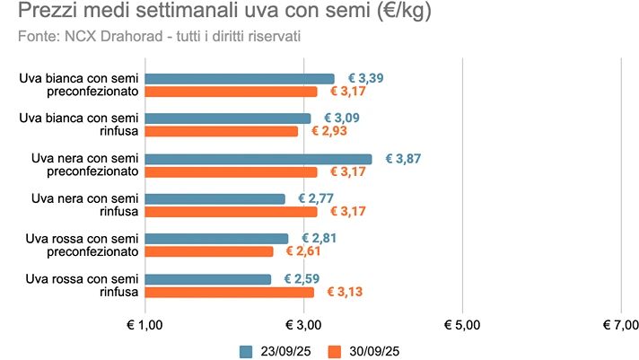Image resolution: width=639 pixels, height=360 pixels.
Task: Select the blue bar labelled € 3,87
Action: pos(258,159)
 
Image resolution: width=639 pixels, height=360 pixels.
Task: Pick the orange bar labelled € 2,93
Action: pos(221,131)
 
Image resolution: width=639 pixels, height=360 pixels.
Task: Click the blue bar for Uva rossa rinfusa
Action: pos(207,279)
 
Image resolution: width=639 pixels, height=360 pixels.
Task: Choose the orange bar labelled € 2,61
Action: pos(208,251)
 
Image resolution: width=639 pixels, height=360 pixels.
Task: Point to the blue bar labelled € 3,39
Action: pos(239,79)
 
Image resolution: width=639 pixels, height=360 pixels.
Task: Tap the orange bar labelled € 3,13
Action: pos(229,292)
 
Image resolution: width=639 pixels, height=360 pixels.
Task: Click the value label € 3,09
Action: pos(341,119)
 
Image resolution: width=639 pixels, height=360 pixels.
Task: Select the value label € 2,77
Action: pos(316,198)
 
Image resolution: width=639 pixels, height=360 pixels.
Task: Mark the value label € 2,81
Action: pos(319,239)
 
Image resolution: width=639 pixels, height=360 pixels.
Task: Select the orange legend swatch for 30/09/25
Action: pos(335,351)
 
